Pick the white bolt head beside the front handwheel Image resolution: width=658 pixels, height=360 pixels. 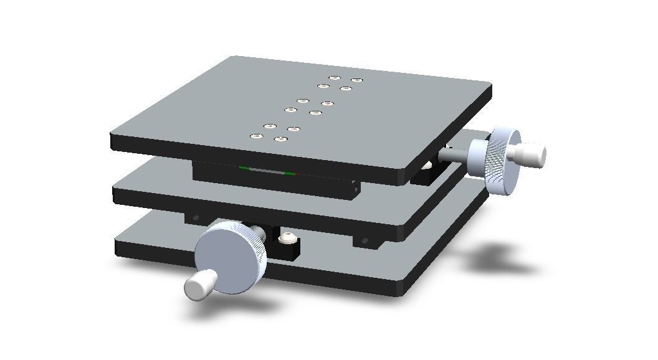[287, 237]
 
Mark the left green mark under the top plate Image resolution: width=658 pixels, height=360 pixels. [244, 168]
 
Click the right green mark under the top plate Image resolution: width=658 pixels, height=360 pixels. [290, 174]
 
